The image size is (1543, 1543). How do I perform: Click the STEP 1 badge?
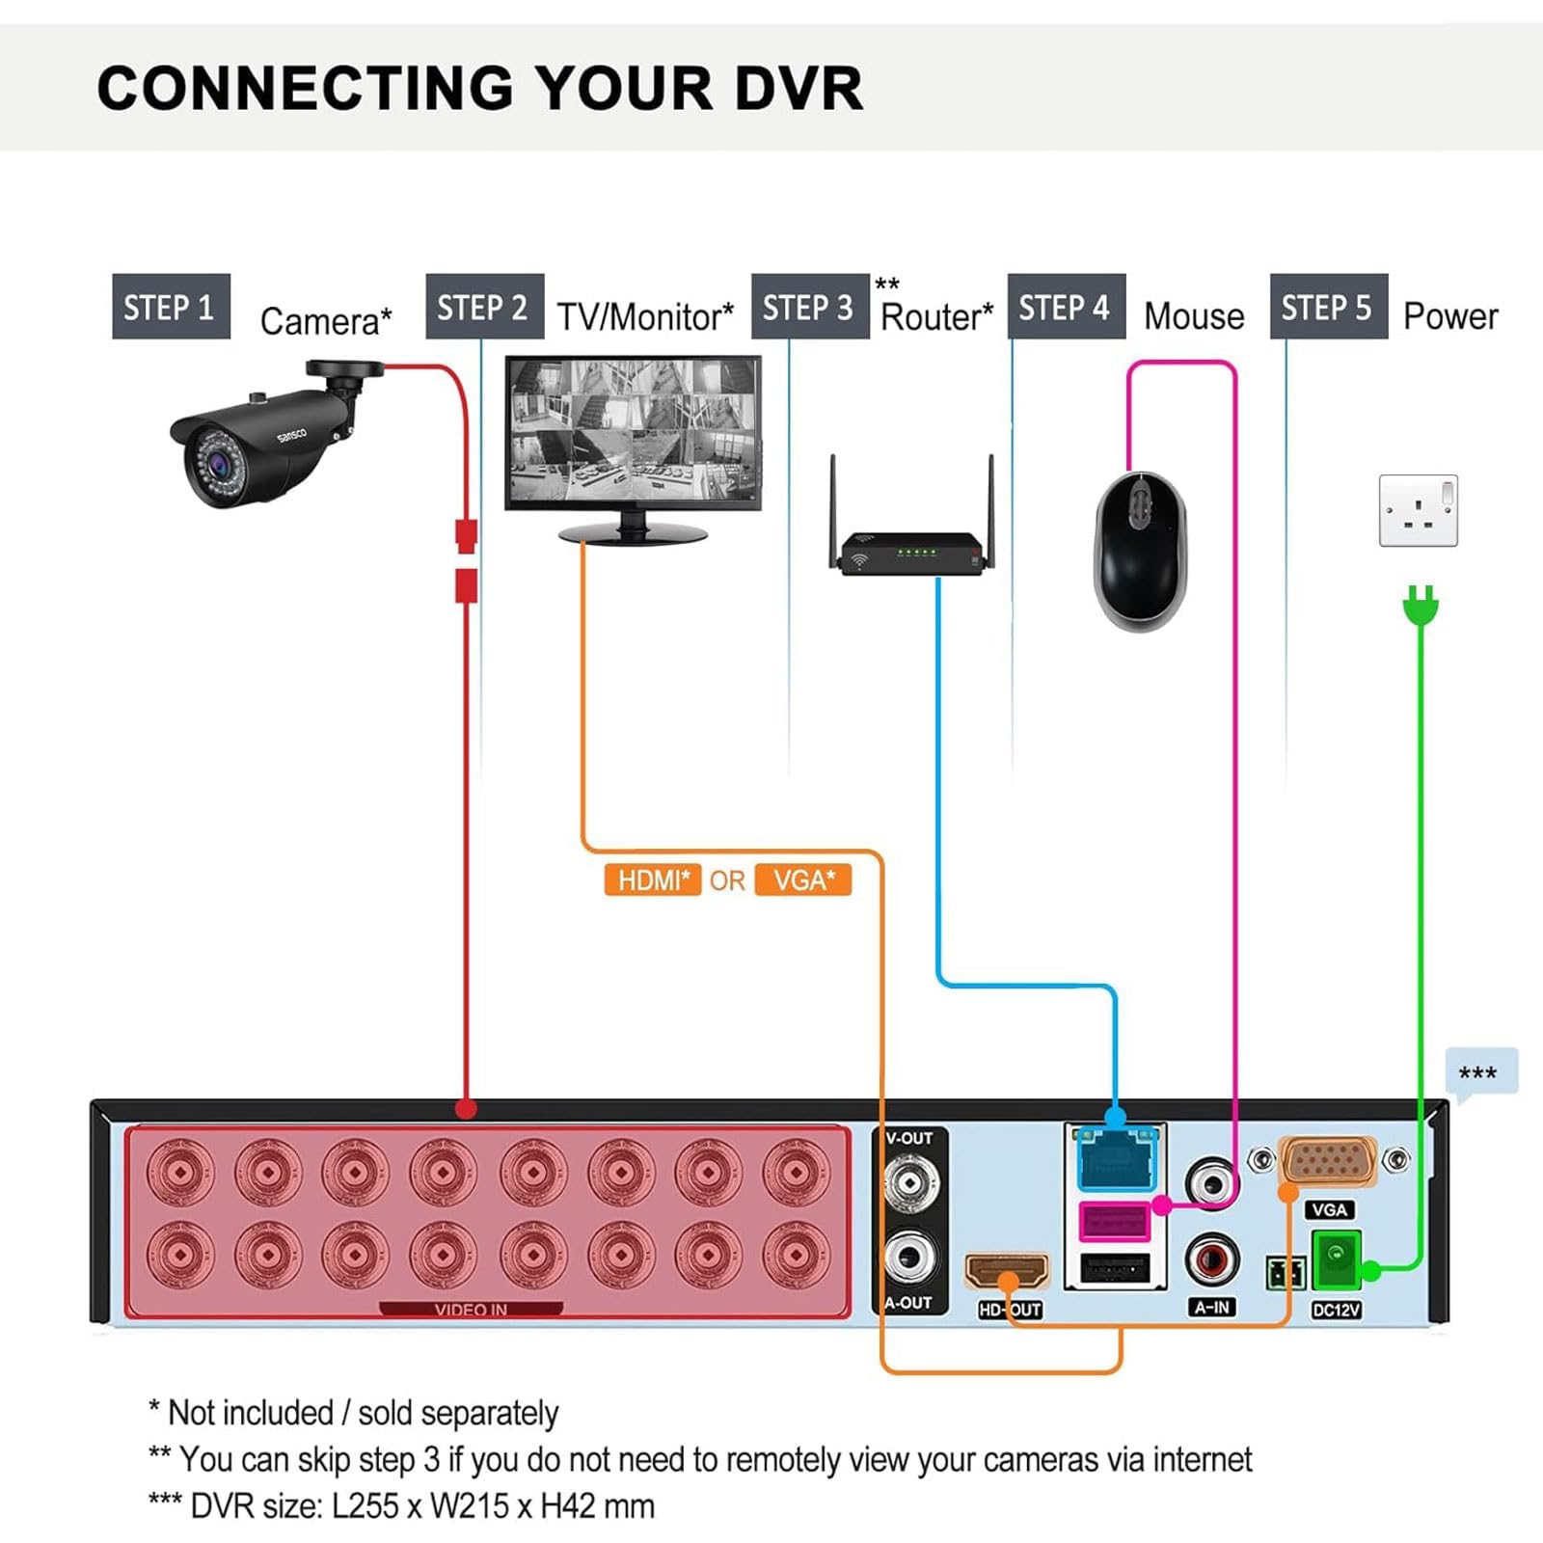click(x=171, y=307)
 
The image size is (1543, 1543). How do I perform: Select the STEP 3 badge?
click(x=809, y=307)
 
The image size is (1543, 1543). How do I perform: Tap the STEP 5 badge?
click(x=1328, y=307)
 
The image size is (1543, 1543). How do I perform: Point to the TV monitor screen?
click(x=633, y=432)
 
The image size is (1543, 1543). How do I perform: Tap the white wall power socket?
click(x=1418, y=510)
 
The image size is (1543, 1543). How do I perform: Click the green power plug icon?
click(x=1420, y=605)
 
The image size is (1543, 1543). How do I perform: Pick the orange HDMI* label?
click(x=653, y=880)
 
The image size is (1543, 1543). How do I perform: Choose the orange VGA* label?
click(x=802, y=880)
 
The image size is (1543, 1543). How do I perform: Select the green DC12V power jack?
click(x=1336, y=1259)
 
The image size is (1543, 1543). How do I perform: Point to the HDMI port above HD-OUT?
click(x=1007, y=1270)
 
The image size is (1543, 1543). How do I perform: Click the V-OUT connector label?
click(x=908, y=1138)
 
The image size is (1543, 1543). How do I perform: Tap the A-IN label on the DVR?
click(x=1211, y=1308)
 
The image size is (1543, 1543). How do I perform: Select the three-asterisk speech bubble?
click(x=1479, y=1072)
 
